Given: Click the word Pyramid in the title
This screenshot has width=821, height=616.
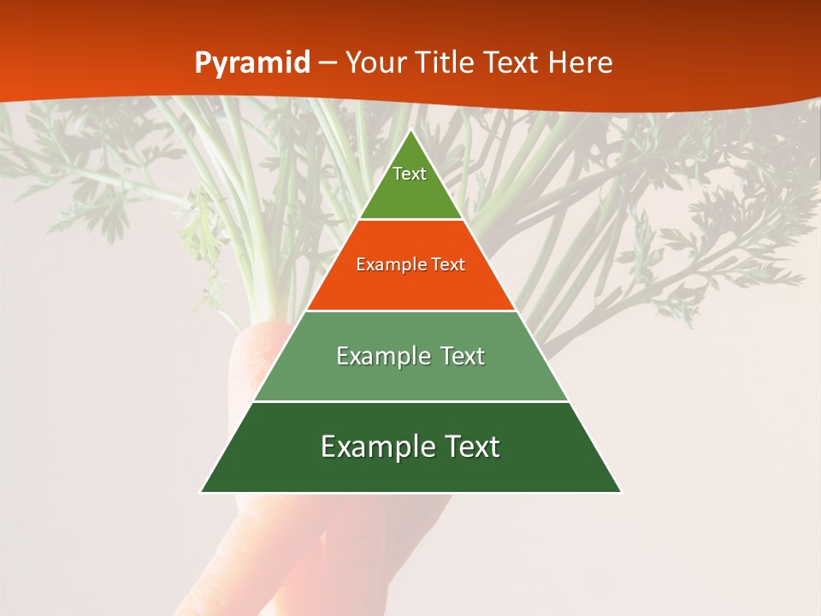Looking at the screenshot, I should tap(252, 63).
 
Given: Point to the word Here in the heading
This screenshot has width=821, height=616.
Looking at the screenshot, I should tap(581, 62).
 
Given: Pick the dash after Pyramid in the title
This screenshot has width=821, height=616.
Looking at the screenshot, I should tap(328, 63).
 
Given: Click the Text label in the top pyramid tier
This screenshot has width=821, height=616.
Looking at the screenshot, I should tap(410, 174).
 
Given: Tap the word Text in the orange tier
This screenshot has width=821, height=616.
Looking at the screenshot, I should tap(449, 264).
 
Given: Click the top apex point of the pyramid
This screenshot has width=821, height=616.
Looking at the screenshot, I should tap(410, 130).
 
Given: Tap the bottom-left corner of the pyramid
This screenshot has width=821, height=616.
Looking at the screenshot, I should tap(201, 492).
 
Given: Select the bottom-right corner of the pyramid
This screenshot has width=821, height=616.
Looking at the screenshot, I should tap(621, 492).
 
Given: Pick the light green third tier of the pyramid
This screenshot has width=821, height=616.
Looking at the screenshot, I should tap(410, 382).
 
